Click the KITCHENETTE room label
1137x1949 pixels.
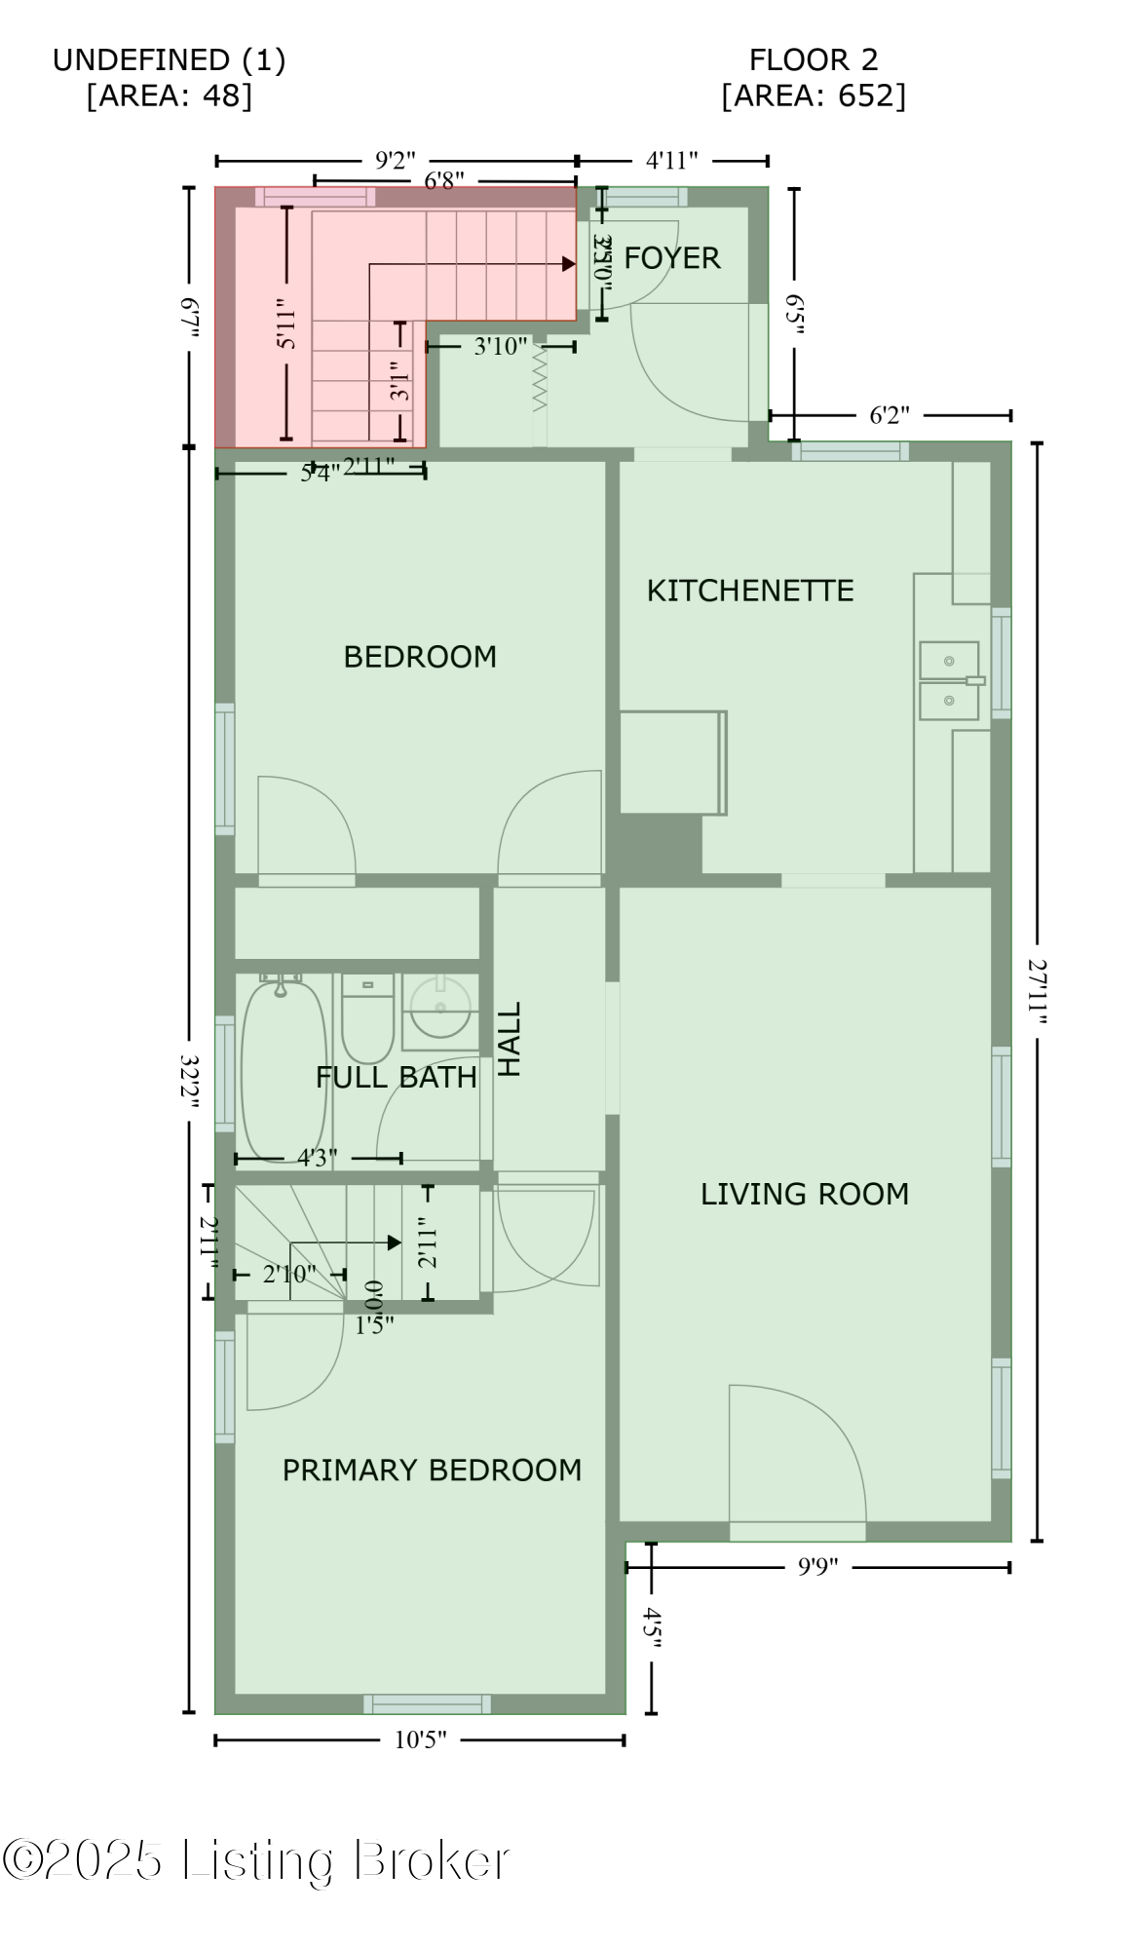tap(749, 591)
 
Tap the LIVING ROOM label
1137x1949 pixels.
tap(804, 1194)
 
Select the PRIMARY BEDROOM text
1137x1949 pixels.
tap(432, 1470)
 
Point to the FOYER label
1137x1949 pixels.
tap(671, 258)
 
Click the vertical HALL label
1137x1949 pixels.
tap(511, 1039)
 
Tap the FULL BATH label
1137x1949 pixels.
tap(397, 1077)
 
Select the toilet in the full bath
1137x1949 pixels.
tap(367, 1019)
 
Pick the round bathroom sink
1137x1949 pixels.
tap(440, 1008)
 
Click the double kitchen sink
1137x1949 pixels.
tap(949, 680)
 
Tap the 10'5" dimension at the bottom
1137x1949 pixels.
tap(420, 1739)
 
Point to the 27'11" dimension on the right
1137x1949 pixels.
tap(1037, 992)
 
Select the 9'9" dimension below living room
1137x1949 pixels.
tap(817, 1567)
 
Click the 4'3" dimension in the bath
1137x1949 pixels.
tap(318, 1158)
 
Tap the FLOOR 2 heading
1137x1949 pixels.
tap(813, 60)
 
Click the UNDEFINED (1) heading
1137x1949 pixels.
tap(169, 60)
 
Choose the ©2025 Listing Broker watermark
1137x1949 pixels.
tap(255, 1860)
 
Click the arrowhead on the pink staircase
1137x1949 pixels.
tap(568, 263)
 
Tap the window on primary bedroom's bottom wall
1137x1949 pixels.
tap(427, 1703)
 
